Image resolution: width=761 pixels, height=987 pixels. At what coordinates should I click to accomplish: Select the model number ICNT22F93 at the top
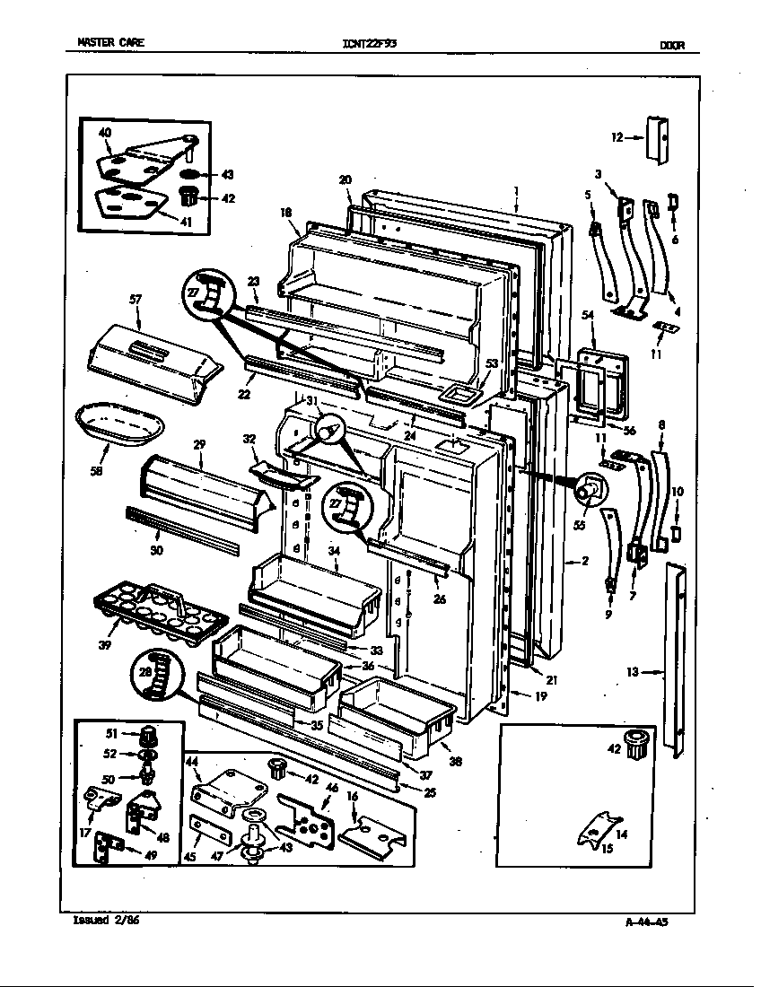coord(369,43)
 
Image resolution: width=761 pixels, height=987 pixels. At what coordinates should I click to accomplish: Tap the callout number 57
coord(136,299)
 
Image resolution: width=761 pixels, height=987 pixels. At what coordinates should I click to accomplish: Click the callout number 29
coord(199,443)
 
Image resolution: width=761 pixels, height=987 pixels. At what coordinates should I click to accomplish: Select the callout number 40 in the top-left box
coord(104,133)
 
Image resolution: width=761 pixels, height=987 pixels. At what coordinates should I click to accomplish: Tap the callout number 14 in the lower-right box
coord(621,834)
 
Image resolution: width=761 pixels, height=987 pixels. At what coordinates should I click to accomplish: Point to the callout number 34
coord(334,551)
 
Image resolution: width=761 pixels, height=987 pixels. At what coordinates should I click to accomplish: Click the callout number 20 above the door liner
coord(346,179)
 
